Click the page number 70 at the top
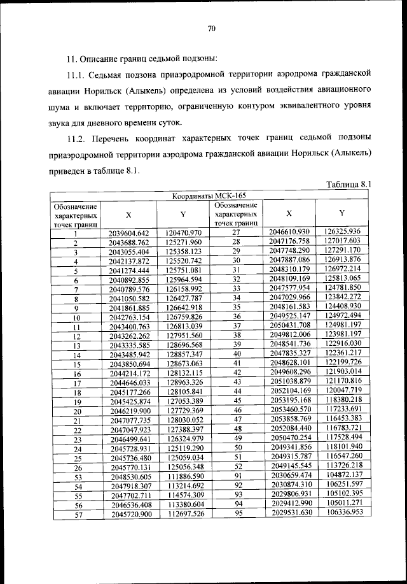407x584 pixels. [212, 28]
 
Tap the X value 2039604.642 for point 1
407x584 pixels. [128, 233]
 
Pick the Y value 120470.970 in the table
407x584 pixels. [183, 233]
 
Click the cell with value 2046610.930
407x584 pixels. [289, 232]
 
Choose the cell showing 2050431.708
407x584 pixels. [289, 325]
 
